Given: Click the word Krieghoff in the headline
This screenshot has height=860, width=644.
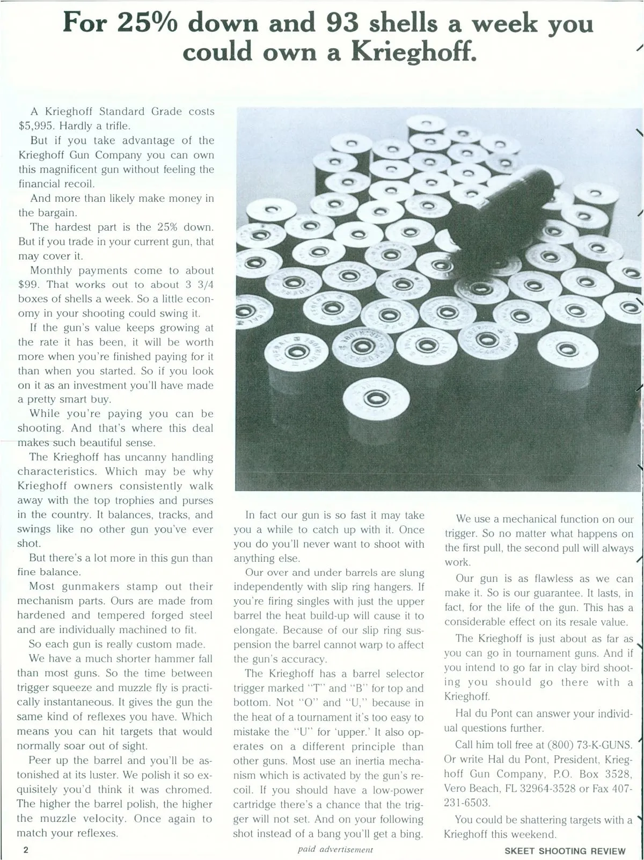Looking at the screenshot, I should coord(413,52).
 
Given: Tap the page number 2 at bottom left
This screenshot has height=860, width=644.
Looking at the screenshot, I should coord(25,850).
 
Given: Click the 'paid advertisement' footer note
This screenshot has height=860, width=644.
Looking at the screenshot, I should coord(335,849).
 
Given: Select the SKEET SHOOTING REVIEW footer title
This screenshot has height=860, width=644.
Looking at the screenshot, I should coord(565,851).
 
